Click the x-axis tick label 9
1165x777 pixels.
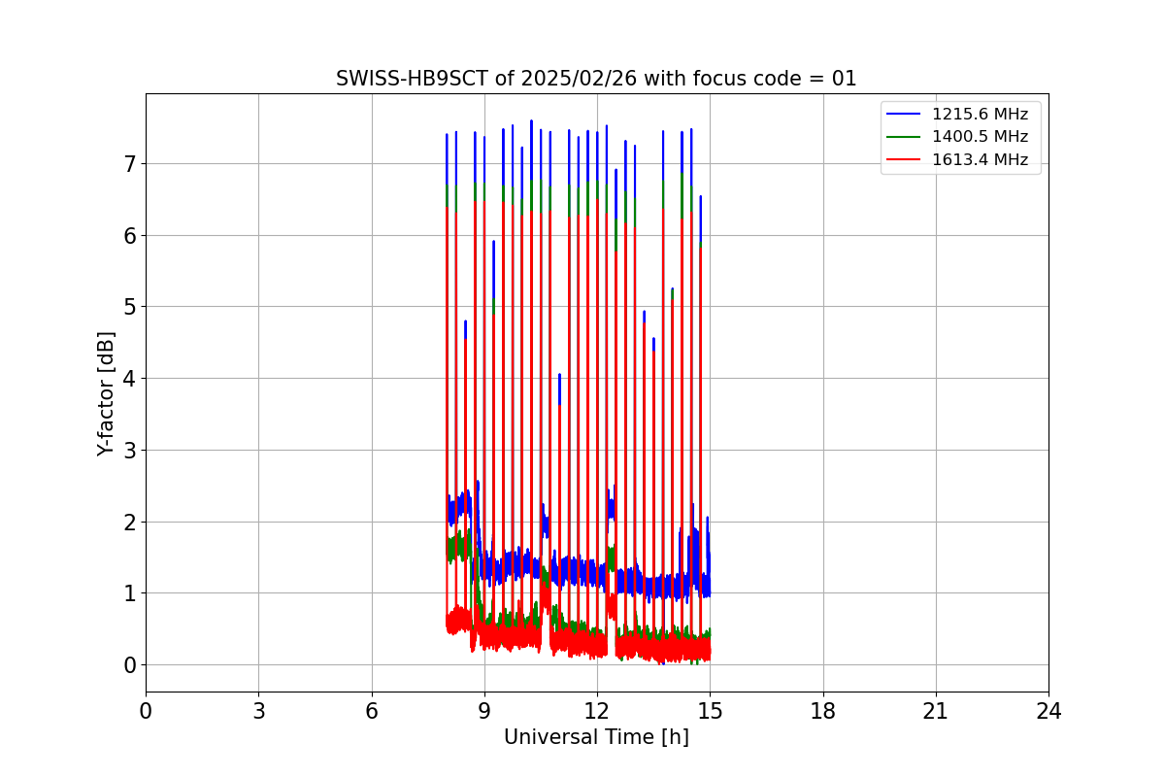(483, 712)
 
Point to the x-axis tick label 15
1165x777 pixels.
(710, 712)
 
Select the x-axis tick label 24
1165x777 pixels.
(1048, 712)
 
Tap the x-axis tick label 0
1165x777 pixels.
(146, 712)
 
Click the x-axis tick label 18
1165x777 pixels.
(822, 712)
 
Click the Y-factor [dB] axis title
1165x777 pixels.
(106, 393)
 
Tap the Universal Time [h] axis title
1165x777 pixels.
(596, 737)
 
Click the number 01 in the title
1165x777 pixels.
(844, 79)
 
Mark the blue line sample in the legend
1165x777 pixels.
(904, 114)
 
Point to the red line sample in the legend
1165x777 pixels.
(904, 160)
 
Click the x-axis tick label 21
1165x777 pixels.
(935, 712)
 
